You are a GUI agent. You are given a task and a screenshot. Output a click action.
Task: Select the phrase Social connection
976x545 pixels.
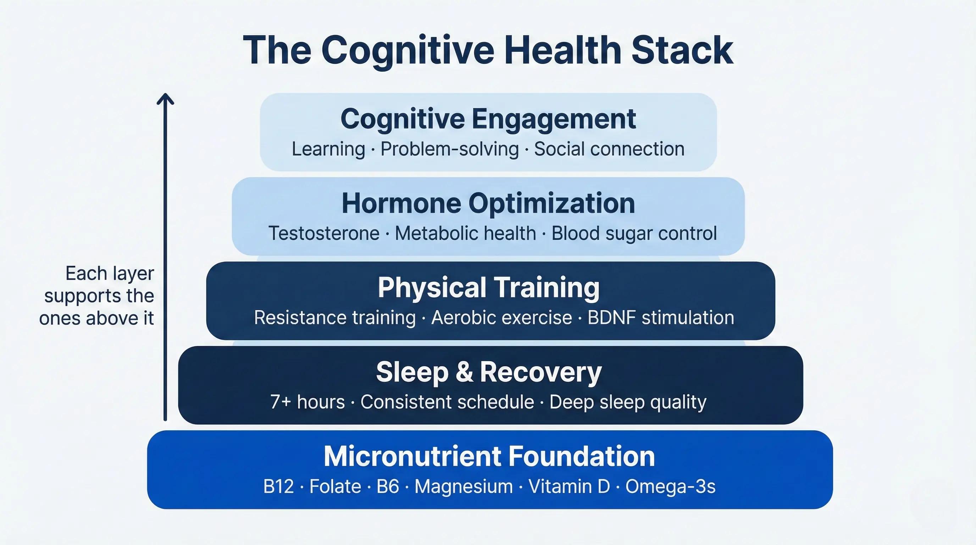(x=609, y=149)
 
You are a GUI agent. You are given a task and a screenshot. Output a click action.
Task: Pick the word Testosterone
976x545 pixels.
(x=324, y=233)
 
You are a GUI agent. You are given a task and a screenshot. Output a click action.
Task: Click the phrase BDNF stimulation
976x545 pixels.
(x=661, y=318)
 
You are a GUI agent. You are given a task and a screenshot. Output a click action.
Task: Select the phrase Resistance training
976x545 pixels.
(x=335, y=318)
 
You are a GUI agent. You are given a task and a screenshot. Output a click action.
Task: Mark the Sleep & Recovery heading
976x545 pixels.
(x=489, y=373)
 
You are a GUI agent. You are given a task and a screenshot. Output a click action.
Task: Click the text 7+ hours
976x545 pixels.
(x=307, y=402)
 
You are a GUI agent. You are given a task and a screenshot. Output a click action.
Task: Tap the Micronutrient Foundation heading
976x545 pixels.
(x=489, y=456)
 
